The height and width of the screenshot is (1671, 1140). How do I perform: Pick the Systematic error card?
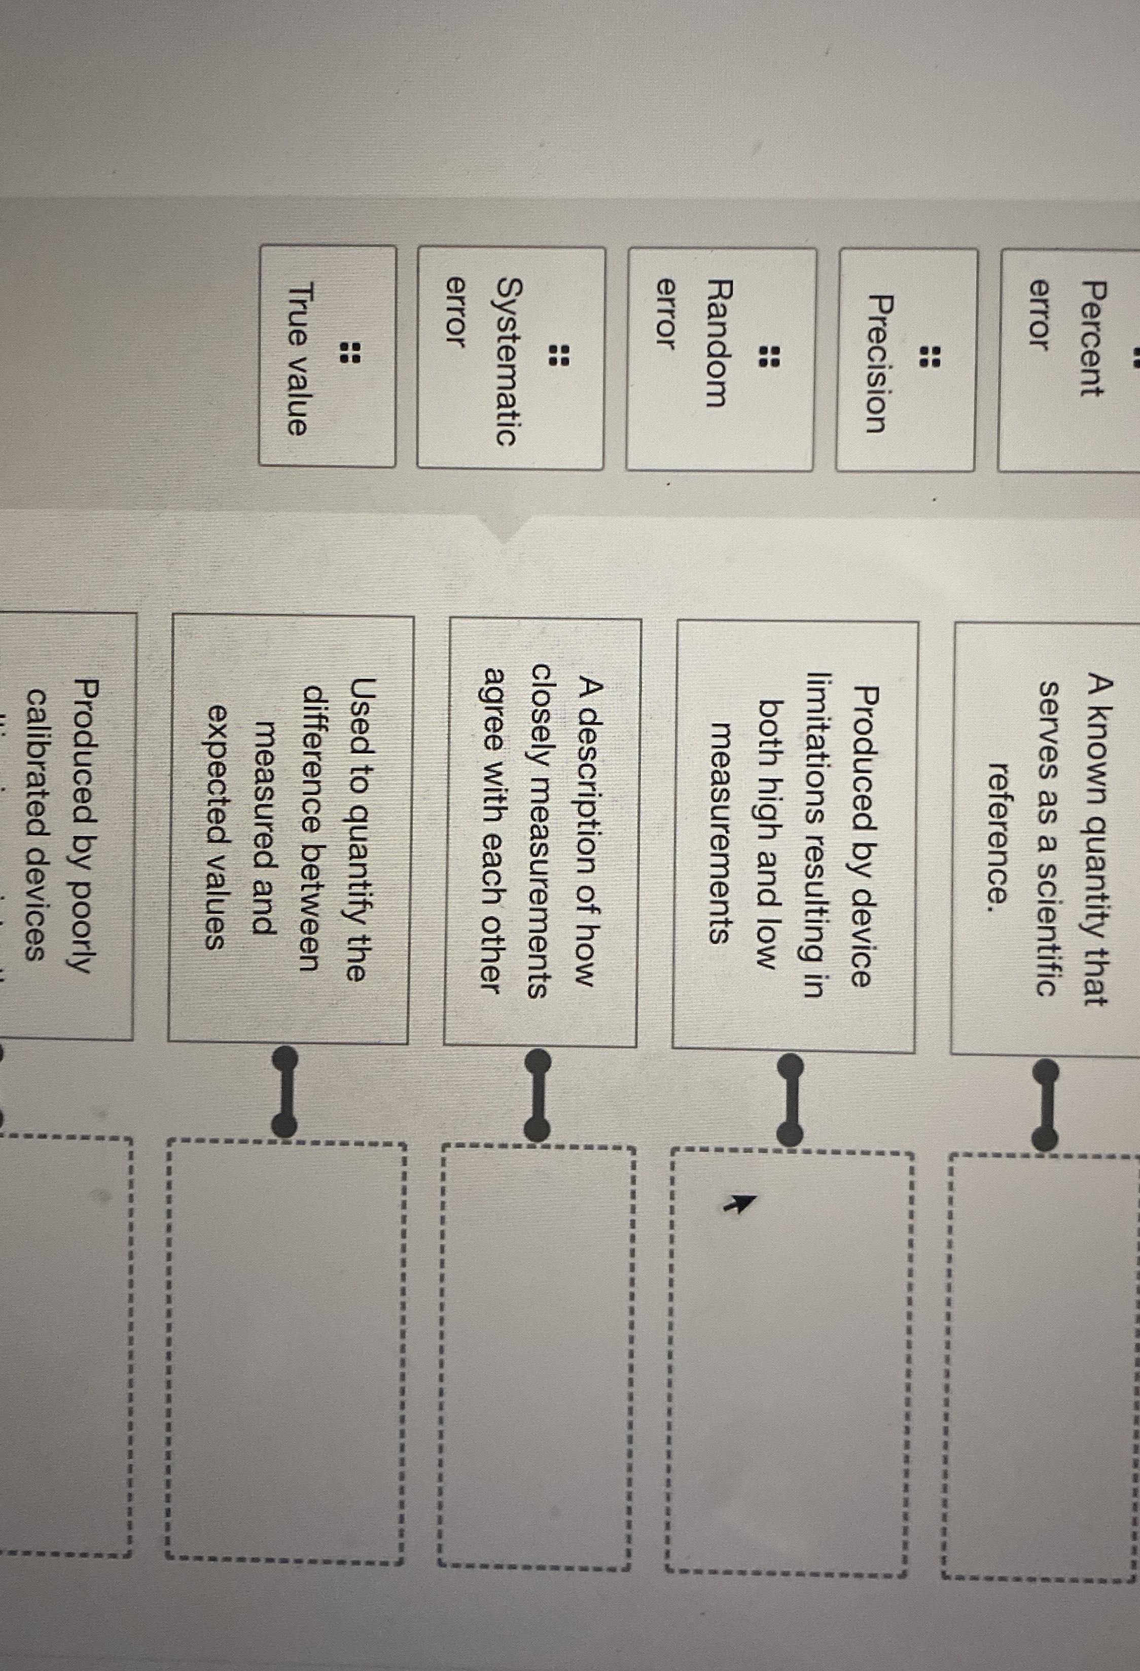click(510, 359)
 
